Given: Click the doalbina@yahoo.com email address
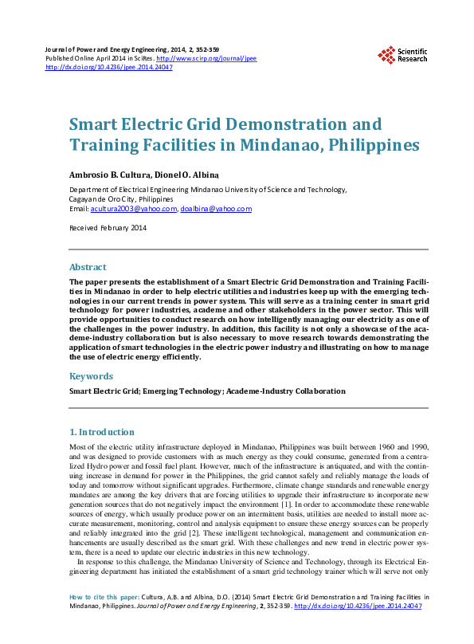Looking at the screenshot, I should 216,209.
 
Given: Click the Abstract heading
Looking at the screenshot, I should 88,267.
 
